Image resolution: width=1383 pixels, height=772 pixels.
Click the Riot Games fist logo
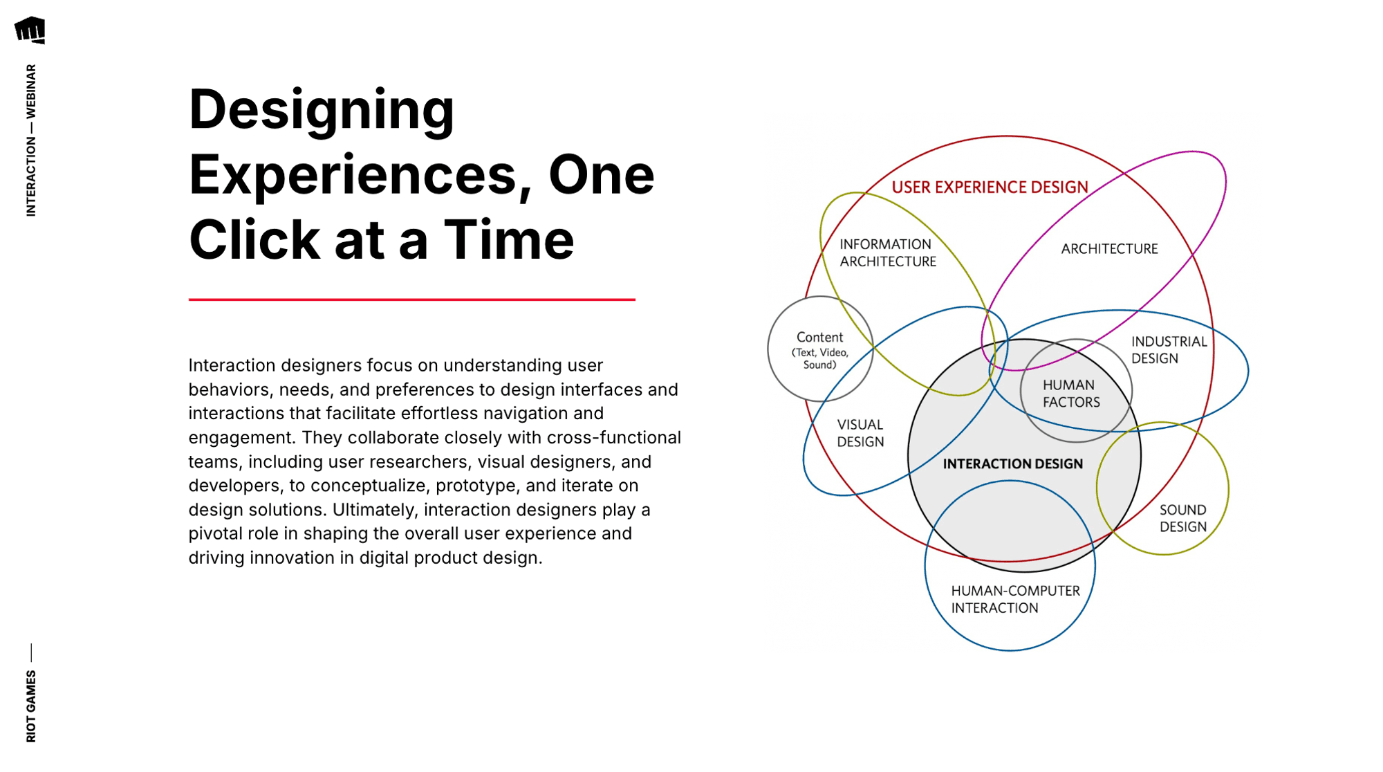point(30,30)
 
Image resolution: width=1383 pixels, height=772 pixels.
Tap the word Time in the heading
point(508,240)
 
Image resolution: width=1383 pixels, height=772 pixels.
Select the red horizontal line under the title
point(411,300)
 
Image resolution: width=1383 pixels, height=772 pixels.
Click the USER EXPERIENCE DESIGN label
point(990,187)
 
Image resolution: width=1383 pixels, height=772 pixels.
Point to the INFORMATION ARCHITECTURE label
point(887,253)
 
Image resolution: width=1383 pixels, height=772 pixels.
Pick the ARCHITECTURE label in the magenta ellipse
point(1109,249)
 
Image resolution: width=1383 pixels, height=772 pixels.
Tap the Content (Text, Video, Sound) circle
point(820,349)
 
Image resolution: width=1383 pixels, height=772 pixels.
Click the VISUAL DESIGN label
point(860,434)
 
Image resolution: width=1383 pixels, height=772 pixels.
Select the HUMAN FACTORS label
point(1070,394)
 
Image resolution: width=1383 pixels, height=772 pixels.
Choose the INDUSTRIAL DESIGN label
point(1169,350)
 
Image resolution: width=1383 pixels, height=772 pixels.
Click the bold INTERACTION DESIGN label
point(1012,464)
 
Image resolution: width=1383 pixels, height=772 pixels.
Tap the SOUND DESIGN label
point(1182,518)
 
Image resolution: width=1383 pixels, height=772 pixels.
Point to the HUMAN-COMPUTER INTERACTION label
point(1014,600)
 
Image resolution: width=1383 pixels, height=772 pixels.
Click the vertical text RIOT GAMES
point(31,706)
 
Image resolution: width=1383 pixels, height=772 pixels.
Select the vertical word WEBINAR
point(31,91)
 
